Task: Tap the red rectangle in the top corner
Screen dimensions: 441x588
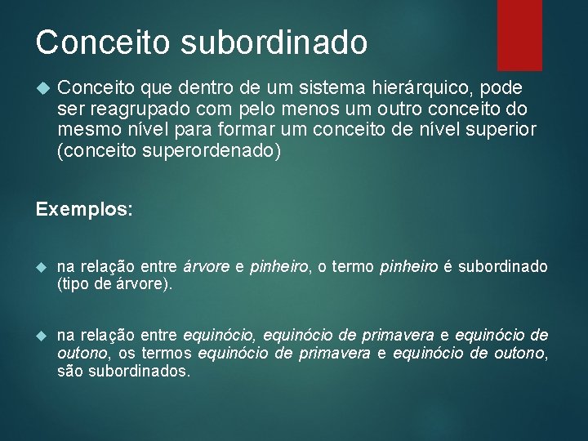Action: click(519, 24)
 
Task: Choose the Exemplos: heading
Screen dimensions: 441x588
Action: click(84, 209)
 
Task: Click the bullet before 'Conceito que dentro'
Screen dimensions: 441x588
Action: click(42, 87)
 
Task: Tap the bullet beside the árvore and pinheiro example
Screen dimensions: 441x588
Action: click(42, 268)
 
